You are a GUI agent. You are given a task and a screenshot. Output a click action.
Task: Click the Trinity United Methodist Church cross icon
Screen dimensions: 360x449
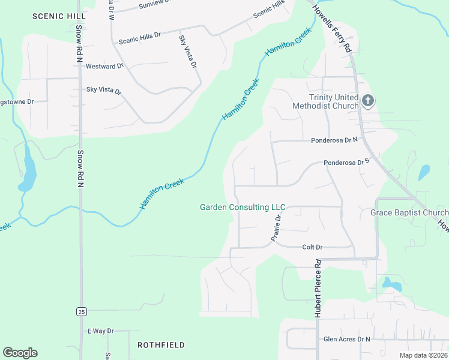[x=367, y=101]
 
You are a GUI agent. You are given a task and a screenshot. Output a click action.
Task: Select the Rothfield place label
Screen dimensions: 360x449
[x=161, y=345]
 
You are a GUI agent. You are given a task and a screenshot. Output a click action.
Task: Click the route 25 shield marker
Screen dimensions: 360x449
[x=81, y=311]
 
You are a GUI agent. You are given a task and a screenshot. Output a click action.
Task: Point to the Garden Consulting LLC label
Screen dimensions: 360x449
[x=243, y=207]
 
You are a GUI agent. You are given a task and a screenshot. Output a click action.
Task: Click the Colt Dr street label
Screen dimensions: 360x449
[x=312, y=247]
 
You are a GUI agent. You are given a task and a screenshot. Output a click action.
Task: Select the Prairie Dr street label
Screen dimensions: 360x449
[x=276, y=229]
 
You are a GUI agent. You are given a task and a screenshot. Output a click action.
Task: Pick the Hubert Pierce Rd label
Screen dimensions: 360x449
[x=318, y=288]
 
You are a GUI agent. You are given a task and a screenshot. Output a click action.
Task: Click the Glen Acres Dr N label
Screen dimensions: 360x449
[x=347, y=339]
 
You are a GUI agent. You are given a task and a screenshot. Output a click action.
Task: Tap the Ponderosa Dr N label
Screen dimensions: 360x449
[x=334, y=140]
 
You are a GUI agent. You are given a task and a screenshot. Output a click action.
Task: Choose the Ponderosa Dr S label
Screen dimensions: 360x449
[x=345, y=162]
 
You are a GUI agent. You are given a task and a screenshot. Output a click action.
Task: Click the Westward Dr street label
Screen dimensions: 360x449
[x=104, y=66]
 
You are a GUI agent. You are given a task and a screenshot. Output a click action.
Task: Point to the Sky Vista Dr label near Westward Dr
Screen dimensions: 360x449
[x=104, y=91]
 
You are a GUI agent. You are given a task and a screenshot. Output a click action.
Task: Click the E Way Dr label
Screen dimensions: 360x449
[x=100, y=331]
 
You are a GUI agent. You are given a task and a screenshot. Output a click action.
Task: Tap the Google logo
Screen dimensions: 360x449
[x=20, y=353]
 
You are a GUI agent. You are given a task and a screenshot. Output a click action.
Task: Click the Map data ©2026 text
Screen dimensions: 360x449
[x=423, y=355]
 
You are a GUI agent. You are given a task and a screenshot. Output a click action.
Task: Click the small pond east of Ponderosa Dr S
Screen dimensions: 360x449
[x=424, y=172]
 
